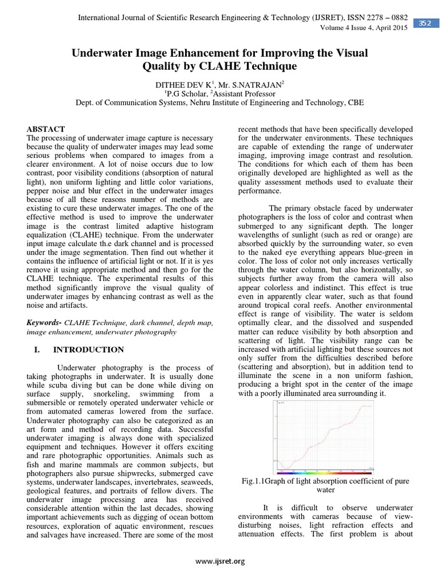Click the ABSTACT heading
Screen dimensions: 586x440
tap(46, 129)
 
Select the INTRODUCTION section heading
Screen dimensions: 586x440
tap(88, 350)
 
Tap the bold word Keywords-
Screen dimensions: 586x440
tap(45, 323)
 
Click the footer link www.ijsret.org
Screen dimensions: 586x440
tap(219, 561)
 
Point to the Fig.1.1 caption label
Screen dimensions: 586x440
tap(254, 481)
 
